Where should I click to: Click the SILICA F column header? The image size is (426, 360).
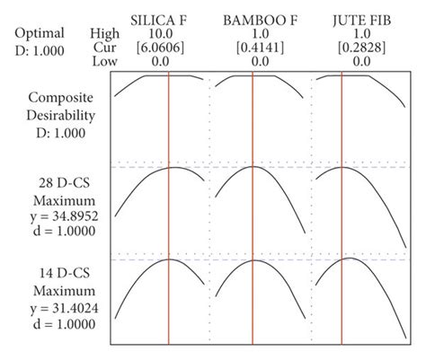click(160, 19)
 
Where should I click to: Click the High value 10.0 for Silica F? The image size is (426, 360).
click(161, 33)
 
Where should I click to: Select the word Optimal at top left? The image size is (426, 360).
click(40, 33)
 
